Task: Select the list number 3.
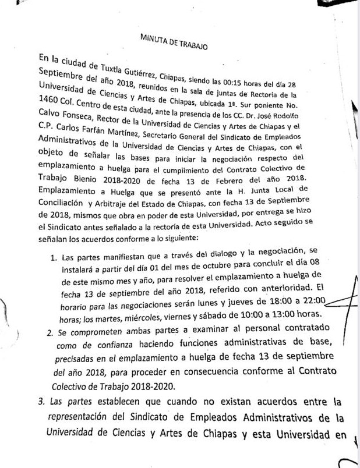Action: [x=40, y=401]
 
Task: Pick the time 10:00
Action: [x=246, y=317]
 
